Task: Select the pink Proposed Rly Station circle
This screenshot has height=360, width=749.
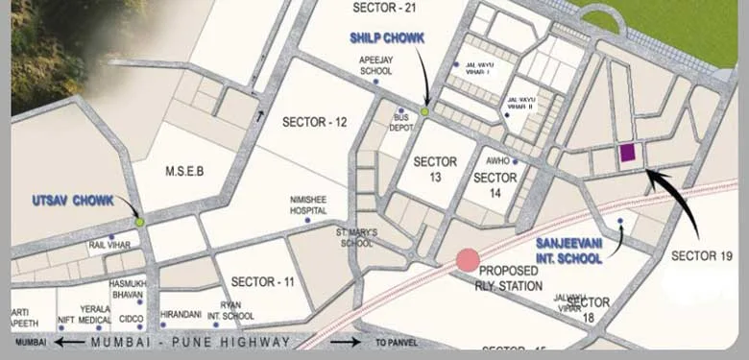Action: [468, 259]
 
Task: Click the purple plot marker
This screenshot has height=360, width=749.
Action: [627, 152]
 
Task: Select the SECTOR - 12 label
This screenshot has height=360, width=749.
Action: [314, 122]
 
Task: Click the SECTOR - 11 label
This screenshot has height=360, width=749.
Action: [262, 282]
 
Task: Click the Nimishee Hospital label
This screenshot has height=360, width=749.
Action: [308, 205]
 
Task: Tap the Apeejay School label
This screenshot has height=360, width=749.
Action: [375, 64]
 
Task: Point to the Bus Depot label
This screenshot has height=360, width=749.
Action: [400, 122]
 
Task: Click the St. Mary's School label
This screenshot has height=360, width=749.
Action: [356, 238]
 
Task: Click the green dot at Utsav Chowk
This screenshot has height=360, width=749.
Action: [140, 222]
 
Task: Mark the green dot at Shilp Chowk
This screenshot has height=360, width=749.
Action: [424, 111]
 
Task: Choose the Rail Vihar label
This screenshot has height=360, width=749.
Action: [109, 246]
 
